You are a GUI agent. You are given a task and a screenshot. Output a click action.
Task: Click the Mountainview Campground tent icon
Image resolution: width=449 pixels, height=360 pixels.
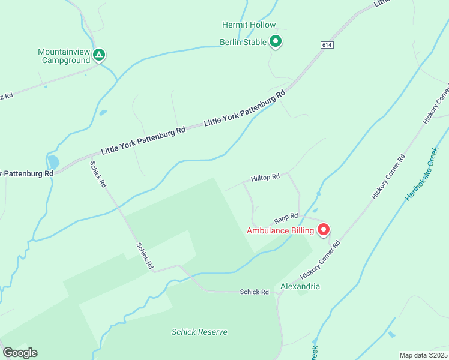pyautogui.click(x=100, y=55)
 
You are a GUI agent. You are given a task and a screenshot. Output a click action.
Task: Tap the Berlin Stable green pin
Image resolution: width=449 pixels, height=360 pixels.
pyautogui.click(x=276, y=41)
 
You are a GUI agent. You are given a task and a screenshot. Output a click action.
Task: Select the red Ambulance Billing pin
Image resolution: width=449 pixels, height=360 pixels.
pyautogui.click(x=323, y=229)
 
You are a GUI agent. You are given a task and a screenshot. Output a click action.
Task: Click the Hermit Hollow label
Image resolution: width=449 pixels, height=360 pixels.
pyautogui.click(x=249, y=25)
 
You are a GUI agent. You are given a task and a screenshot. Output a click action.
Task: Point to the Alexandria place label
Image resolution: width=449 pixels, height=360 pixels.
pyautogui.click(x=300, y=286)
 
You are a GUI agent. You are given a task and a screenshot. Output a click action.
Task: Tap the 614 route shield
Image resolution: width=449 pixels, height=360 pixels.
pyautogui.click(x=327, y=45)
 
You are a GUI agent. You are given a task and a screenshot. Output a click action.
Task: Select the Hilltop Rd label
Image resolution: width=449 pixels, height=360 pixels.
pyautogui.click(x=265, y=178)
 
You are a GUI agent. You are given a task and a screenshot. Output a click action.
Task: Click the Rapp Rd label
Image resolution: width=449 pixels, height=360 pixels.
pyautogui.click(x=286, y=217)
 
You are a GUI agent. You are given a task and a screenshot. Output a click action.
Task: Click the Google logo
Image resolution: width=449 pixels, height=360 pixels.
pyautogui.click(x=20, y=353)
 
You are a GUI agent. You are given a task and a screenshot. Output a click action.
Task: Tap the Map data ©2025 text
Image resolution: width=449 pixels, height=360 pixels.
pyautogui.click(x=423, y=355)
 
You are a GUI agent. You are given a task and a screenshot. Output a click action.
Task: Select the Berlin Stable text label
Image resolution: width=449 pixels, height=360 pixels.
pyautogui.click(x=243, y=42)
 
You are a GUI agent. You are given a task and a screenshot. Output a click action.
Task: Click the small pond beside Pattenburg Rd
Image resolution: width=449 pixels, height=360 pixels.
pyautogui.click(x=53, y=162)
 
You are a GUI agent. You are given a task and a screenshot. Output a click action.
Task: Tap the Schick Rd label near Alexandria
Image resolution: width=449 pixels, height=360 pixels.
pyautogui.click(x=254, y=292)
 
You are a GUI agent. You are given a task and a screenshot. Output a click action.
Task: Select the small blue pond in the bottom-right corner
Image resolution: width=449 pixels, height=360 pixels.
pyautogui.click(x=391, y=334)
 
